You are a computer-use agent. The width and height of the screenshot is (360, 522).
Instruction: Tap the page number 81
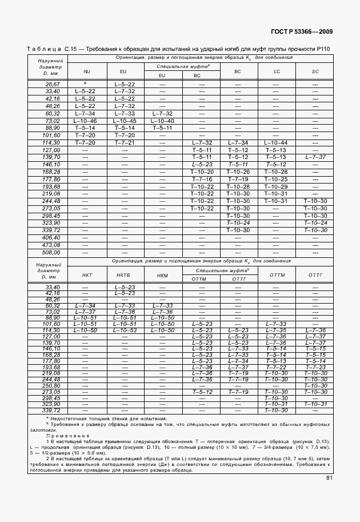tap(330, 478)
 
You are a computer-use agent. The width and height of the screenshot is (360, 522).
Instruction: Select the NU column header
tap(87, 71)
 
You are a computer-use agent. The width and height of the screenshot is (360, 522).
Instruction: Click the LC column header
tap(277, 71)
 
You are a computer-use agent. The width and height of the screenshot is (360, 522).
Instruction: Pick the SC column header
tap(315, 71)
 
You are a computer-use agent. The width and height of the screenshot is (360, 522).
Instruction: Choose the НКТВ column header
tap(124, 275)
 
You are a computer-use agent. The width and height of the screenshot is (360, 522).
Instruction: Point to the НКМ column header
tap(162, 275)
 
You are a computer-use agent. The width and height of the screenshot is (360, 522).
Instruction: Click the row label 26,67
tap(53, 84)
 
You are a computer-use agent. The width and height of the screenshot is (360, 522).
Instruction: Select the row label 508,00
tap(53, 252)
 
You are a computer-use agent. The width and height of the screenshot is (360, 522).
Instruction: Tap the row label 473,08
tap(53, 245)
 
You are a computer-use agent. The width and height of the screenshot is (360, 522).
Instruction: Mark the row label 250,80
tap(53, 385)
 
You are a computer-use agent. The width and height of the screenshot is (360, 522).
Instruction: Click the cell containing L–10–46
tap(86, 121)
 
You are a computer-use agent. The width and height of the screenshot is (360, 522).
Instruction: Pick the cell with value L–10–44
tap(277, 142)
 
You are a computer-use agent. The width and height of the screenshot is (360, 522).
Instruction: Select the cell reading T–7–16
tap(202, 179)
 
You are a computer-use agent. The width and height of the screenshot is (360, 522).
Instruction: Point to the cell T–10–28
tap(238, 186)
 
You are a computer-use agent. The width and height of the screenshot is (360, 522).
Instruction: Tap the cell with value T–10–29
tap(277, 186)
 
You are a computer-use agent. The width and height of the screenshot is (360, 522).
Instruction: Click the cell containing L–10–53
tap(124, 330)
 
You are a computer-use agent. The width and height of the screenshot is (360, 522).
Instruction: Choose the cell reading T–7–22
tap(277, 367)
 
